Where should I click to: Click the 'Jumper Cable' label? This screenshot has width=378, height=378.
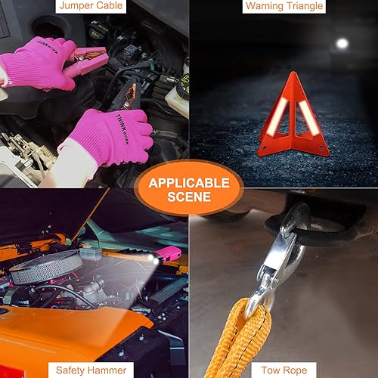tap(94, 7)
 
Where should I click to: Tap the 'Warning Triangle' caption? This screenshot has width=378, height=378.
tap(283, 7)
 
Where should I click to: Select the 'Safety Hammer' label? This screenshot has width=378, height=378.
tap(94, 370)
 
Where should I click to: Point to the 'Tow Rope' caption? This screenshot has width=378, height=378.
tap(283, 370)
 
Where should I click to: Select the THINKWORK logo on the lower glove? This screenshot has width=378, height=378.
tap(110, 122)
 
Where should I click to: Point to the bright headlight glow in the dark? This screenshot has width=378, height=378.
tap(342, 44)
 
